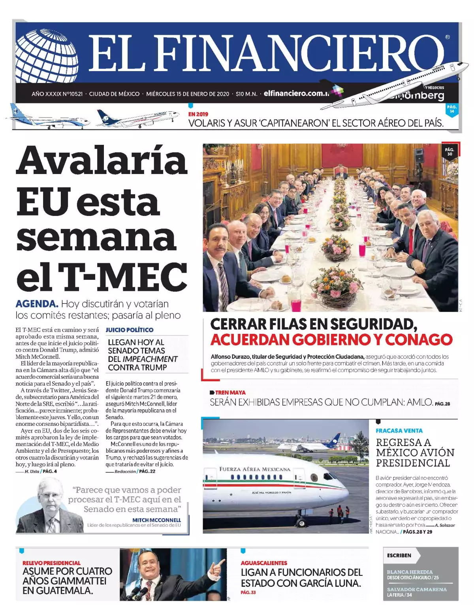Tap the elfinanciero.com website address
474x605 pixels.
coord(296,94)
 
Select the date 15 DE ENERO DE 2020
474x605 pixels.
coord(201,94)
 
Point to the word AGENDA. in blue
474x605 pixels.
coord(37,304)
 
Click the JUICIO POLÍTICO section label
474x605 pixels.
coord(129,330)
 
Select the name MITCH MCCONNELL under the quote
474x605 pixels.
coord(156,520)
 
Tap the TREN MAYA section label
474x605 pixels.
coord(230,392)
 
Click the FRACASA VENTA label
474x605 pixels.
coord(399,431)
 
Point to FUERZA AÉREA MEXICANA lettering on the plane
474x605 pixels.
coord(255,469)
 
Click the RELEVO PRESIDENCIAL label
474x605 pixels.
coord(51,563)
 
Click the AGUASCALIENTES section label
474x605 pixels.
coord(264,563)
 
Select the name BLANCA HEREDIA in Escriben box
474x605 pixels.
coord(410,572)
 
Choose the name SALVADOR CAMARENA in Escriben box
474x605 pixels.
coord(417,589)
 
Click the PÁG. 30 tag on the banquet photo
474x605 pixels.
coord(449,152)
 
